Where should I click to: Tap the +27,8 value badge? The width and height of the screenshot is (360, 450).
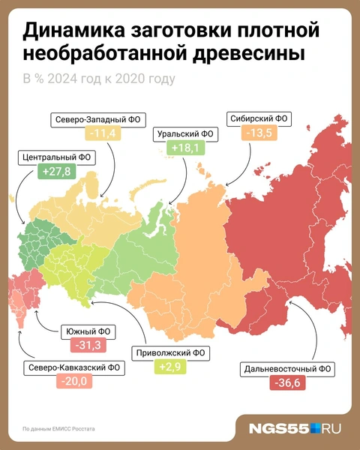point(55,172)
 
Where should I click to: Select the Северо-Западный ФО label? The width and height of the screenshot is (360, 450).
point(100,119)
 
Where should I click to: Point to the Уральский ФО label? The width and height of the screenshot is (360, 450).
point(184,134)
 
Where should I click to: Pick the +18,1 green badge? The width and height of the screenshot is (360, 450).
point(184,148)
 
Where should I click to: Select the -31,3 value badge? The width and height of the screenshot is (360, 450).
point(82,346)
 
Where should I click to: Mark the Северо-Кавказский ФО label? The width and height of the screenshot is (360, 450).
point(62,368)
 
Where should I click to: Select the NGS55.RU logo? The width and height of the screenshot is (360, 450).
point(296,428)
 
